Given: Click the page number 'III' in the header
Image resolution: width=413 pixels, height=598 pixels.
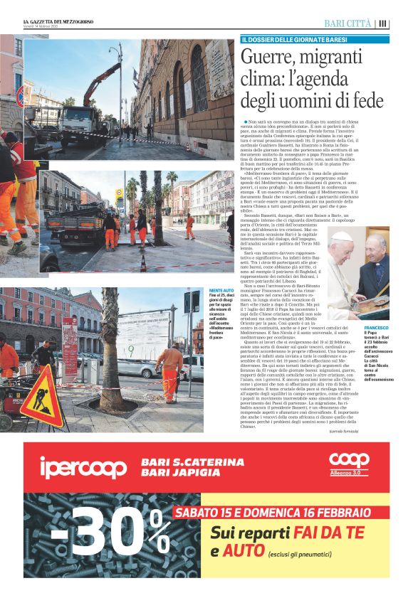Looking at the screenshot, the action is (x=383, y=23).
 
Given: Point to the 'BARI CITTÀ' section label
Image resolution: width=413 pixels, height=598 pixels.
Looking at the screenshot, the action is (x=348, y=23).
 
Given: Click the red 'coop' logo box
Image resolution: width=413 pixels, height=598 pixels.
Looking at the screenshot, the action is (x=349, y=463).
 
